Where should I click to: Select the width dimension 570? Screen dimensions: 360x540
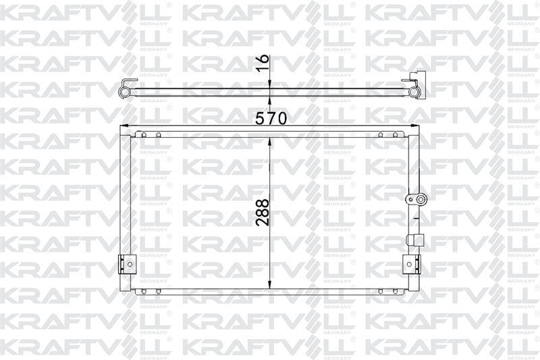[x=271, y=118]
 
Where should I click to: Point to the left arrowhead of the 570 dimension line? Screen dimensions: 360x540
[x=124, y=126]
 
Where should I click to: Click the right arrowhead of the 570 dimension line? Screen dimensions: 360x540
[x=414, y=126]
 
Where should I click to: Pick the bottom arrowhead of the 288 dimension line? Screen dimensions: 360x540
[x=270, y=285]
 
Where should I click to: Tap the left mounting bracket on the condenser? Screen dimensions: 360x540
[x=126, y=263]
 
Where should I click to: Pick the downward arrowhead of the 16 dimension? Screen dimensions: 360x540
[x=270, y=84]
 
